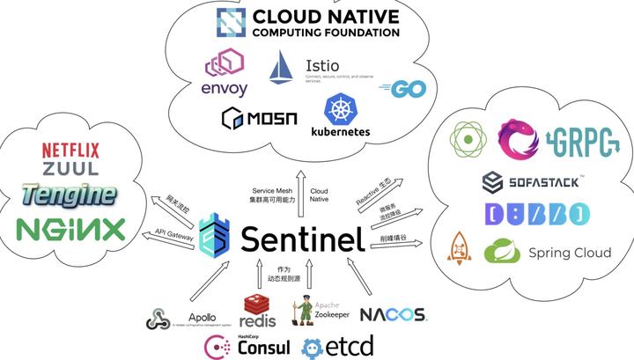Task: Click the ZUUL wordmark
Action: coord(70,168)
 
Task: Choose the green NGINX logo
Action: coord(71,229)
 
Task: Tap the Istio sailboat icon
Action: coord(285,68)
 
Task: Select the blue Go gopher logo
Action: coord(397,88)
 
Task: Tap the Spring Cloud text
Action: coord(569,253)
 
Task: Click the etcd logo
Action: coord(338,345)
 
